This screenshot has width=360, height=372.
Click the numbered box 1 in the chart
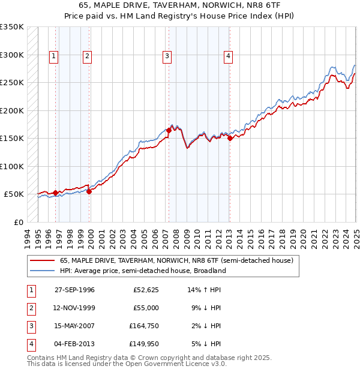[53, 56]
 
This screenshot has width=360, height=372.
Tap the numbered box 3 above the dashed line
[166, 56]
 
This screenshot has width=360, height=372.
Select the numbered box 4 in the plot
[229, 56]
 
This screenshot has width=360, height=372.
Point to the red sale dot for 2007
[169, 130]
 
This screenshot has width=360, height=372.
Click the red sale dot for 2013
[230, 138]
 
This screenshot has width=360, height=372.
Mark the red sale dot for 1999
[89, 191]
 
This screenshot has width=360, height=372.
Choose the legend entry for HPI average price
[143, 271]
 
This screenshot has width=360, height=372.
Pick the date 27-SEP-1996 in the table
[74, 290]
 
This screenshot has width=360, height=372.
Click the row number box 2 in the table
[31, 308]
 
